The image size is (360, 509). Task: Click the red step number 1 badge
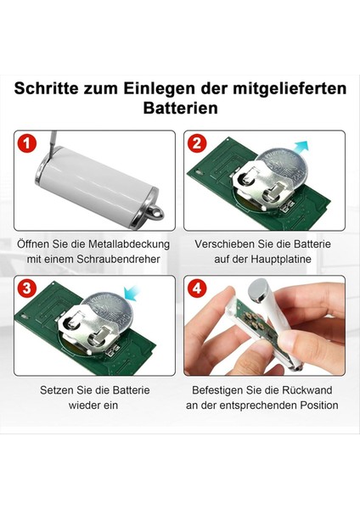[x=26, y=143]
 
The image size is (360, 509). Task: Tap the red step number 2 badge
[x=197, y=143]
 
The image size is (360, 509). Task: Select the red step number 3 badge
[x=26, y=288]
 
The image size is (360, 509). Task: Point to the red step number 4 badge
[x=197, y=288]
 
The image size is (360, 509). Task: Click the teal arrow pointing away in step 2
[x=300, y=148]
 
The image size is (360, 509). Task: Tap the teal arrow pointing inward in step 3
[x=132, y=292]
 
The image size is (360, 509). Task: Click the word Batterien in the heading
[x=180, y=108]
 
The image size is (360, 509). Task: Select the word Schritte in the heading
[x=46, y=88]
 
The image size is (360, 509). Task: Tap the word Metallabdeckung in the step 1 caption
[x=129, y=243]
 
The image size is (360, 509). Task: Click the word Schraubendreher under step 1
[x=118, y=259]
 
